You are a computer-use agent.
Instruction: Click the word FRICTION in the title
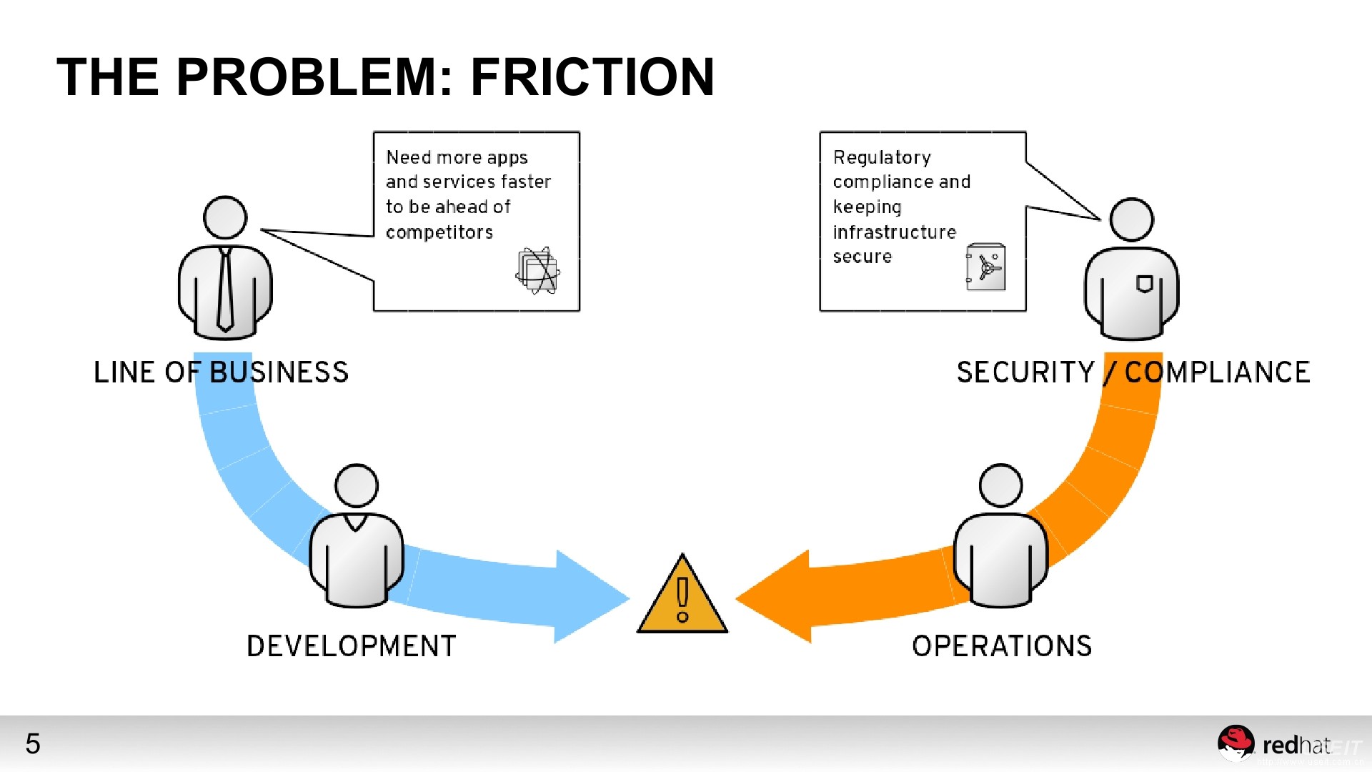tap(592, 77)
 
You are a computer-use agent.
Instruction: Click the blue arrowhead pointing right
tap(590, 597)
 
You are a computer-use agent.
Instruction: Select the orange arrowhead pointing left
tap(775, 597)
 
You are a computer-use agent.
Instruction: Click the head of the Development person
tap(357, 486)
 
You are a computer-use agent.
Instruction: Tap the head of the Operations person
tap(1000, 486)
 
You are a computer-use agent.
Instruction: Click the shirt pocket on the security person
tap(1144, 284)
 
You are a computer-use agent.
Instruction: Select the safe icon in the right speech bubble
tap(986, 267)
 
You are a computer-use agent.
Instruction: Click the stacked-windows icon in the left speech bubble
tap(537, 271)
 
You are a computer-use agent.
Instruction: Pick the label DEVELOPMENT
tap(351, 646)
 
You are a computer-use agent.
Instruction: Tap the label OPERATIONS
tap(1002, 646)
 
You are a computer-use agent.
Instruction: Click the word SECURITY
tap(1025, 372)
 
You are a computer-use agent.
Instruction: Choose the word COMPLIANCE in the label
tap(1217, 372)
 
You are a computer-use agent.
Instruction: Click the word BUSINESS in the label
tap(279, 372)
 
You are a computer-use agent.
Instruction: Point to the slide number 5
tap(33, 744)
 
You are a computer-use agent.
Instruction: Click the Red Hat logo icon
tap(1236, 743)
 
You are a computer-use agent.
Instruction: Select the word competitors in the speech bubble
tap(439, 232)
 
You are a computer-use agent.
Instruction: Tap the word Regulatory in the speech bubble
tap(882, 158)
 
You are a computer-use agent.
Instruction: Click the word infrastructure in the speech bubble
tap(894, 232)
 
